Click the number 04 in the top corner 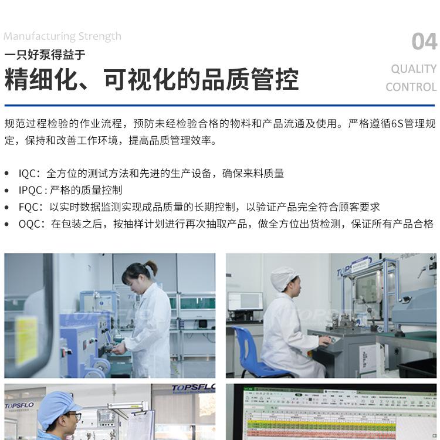pyautogui.click(x=424, y=42)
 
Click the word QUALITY pyautogui.click(x=414, y=69)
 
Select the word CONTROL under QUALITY pyautogui.click(x=411, y=87)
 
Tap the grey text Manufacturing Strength pyautogui.click(x=62, y=36)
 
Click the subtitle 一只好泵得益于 pyautogui.click(x=45, y=55)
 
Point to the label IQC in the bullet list pyautogui.click(x=28, y=174)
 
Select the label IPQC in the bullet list pyautogui.click(x=31, y=190)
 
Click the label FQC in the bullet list pyautogui.click(x=30, y=207)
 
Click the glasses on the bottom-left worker pyautogui.click(x=71, y=417)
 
